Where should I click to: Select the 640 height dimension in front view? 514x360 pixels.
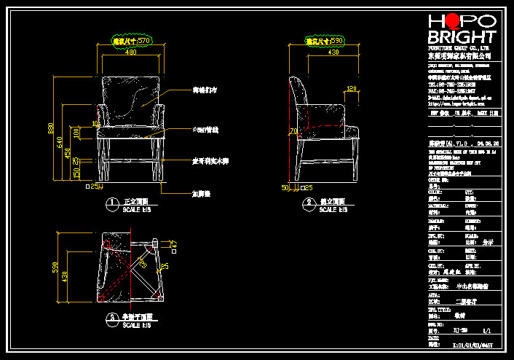pyautogui.click(x=60, y=144)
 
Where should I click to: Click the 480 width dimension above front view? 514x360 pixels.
pyautogui.click(x=130, y=52)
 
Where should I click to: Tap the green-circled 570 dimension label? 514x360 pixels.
pyautogui.click(x=132, y=41)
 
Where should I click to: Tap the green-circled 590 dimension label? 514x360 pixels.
pyautogui.click(x=325, y=41)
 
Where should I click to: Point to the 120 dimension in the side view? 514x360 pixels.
pyautogui.click(x=351, y=89)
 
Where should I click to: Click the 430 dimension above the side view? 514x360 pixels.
pyautogui.click(x=333, y=52)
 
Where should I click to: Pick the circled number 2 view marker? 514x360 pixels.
pyautogui.click(x=308, y=203)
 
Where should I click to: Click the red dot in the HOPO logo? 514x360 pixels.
pyautogui.click(x=454, y=21)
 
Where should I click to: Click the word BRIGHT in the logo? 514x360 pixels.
pyautogui.click(x=462, y=36)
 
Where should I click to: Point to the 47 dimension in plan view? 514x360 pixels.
pyautogui.click(x=174, y=243)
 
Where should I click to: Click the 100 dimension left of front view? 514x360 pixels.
pyautogui.click(x=76, y=135)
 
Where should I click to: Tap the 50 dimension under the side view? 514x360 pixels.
pyautogui.click(x=285, y=187)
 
